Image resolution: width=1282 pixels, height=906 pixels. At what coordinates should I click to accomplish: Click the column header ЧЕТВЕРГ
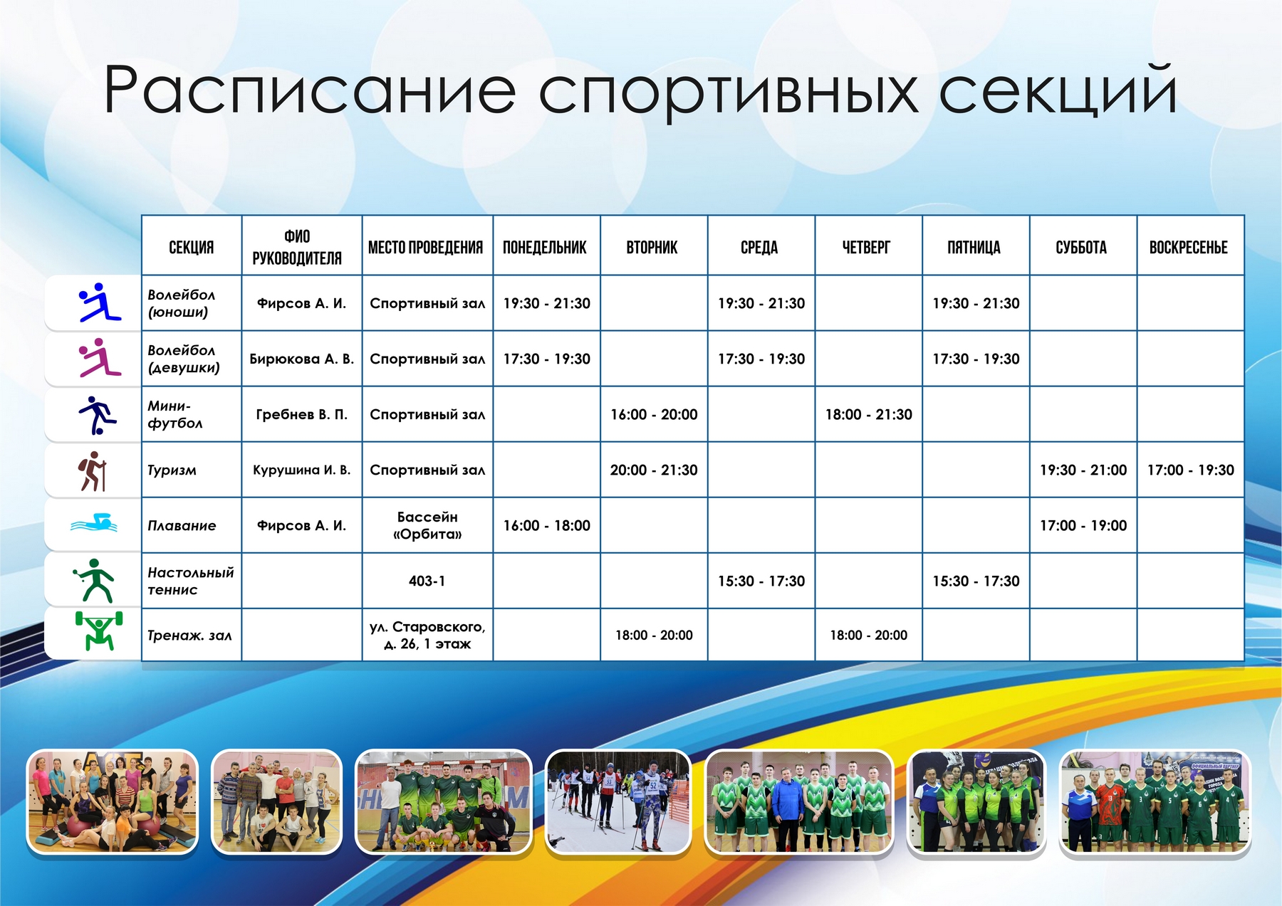point(866,248)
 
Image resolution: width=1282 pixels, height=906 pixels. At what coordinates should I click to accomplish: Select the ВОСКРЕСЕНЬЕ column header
point(1189,248)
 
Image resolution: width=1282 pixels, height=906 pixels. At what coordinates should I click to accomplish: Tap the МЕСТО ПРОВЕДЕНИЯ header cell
point(425,248)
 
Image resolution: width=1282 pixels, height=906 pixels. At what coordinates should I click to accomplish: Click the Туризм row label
point(172,470)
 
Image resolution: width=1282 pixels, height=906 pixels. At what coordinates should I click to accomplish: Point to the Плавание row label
point(182,526)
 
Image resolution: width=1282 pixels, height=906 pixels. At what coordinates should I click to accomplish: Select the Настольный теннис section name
point(191,581)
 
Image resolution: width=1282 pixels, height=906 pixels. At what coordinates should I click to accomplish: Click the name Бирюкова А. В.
point(301,359)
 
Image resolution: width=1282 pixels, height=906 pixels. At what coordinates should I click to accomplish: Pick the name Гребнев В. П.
point(302,414)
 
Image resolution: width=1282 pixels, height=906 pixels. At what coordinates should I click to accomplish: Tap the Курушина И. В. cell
point(302,470)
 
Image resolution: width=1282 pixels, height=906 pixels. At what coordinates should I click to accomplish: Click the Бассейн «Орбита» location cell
point(427,525)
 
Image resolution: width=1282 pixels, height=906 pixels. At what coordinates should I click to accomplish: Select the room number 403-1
point(427,581)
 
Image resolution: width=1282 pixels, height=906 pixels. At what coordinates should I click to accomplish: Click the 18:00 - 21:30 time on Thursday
point(869,414)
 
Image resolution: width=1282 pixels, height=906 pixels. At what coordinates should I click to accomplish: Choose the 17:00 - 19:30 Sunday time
point(1191,470)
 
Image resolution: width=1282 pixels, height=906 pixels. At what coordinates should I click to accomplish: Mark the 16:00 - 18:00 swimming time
point(547,525)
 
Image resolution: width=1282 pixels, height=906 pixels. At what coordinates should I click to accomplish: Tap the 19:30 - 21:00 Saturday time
point(1083,470)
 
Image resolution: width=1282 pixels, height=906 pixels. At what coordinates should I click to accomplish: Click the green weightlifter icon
point(99,631)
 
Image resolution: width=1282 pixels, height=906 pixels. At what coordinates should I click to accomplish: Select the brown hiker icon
point(93,471)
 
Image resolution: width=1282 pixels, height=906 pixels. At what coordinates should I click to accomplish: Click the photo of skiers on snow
point(618,801)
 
